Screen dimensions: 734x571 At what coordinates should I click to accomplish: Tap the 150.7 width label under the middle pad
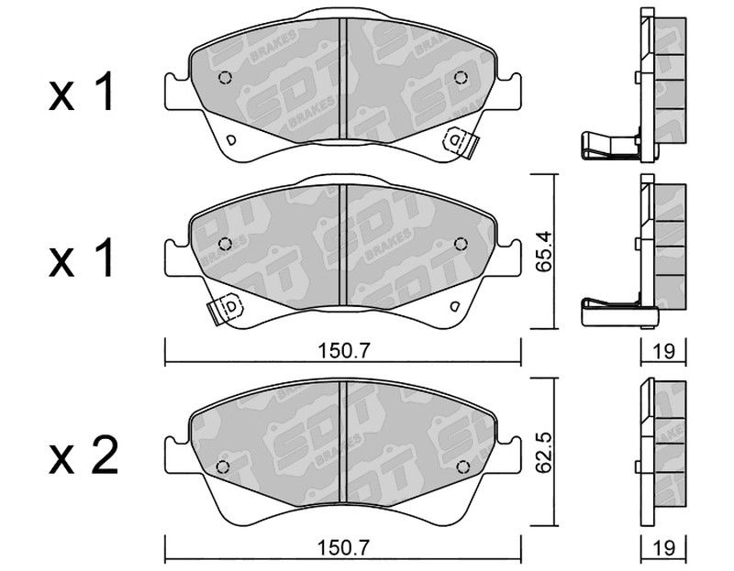click(x=343, y=351)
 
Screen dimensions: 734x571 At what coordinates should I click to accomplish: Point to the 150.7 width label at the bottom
click(x=343, y=547)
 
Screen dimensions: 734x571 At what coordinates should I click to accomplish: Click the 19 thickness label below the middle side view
click(x=663, y=351)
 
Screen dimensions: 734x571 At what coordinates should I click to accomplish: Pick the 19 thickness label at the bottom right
click(x=663, y=547)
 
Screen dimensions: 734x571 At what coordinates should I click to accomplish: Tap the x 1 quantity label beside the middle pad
click(x=81, y=258)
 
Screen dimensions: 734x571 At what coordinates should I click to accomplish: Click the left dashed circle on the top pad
click(x=225, y=77)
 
